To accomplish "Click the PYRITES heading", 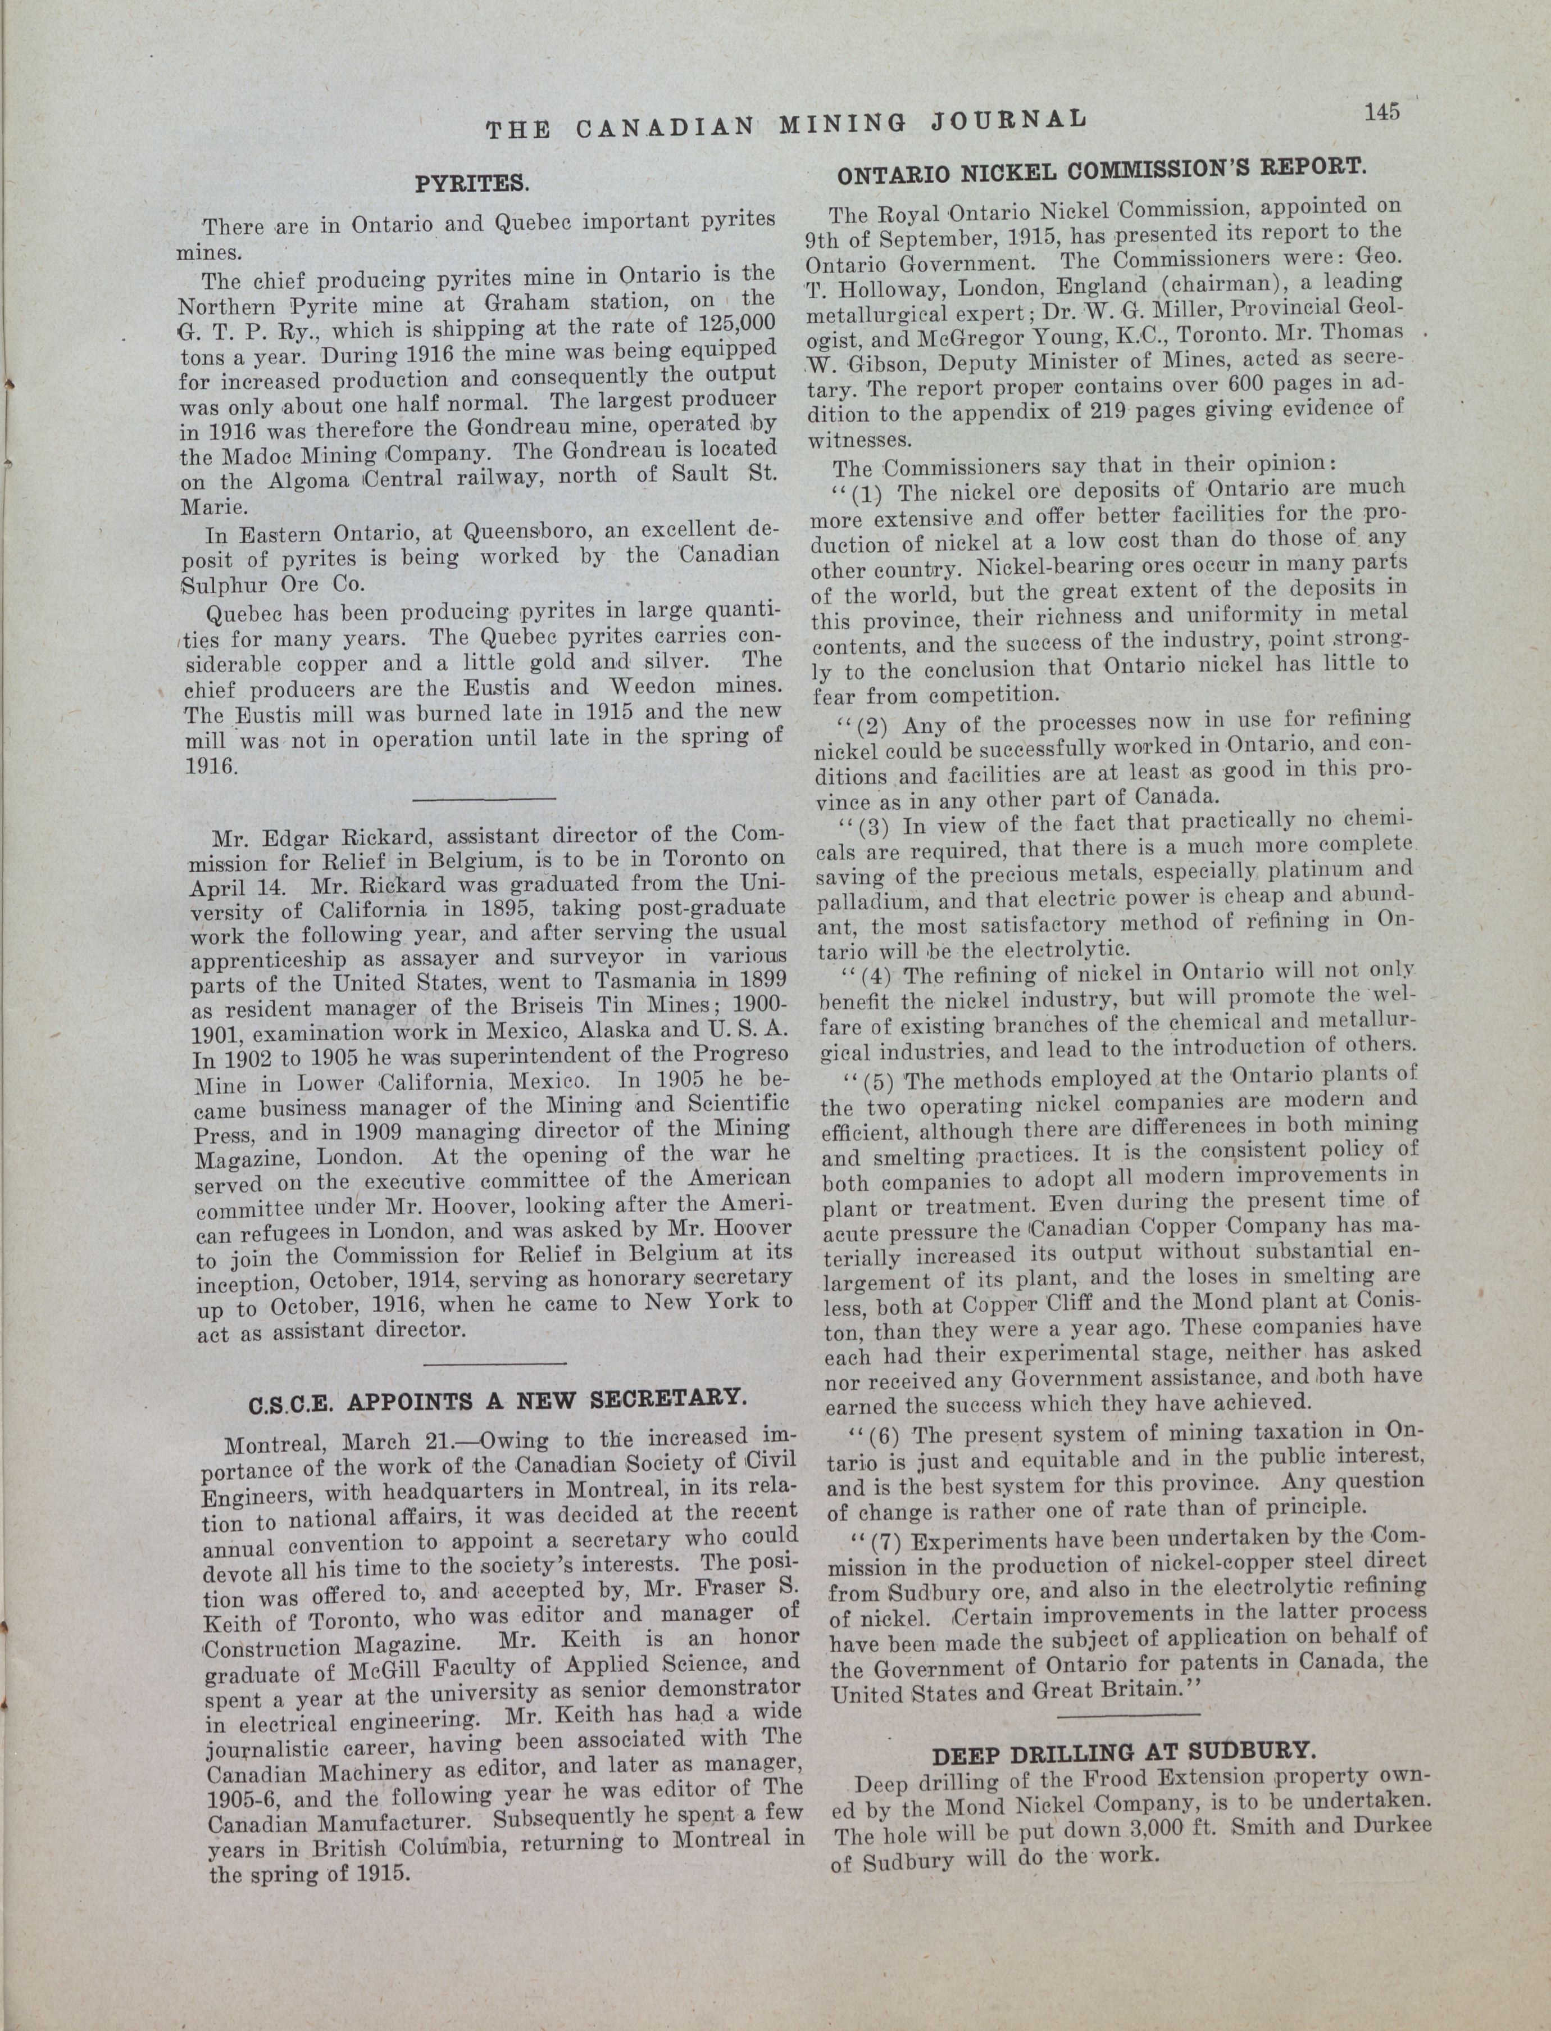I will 471,183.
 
